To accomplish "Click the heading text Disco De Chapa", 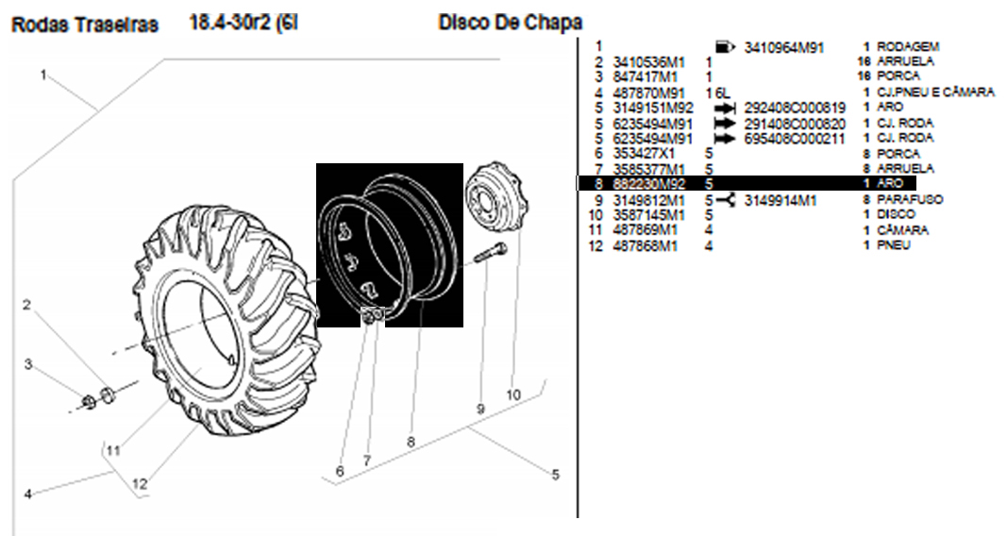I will pyautogui.click(x=510, y=22).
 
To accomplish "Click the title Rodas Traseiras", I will pyautogui.click(x=84, y=25).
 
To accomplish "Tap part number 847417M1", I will pyautogui.click(x=645, y=76).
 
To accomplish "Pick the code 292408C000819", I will pyautogui.click(x=795, y=108).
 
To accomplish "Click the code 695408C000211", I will pyautogui.click(x=795, y=138).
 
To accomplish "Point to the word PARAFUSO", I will pyautogui.click(x=910, y=200).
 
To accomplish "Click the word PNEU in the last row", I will pyautogui.click(x=894, y=246).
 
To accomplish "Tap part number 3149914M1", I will pyautogui.click(x=779, y=200).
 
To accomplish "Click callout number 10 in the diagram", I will pyautogui.click(x=513, y=394).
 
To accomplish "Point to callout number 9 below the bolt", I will pyautogui.click(x=480, y=410).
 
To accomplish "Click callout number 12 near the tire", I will pyautogui.click(x=140, y=484).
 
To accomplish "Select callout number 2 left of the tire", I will pyautogui.click(x=27, y=304).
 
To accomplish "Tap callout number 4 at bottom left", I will pyautogui.click(x=28, y=493).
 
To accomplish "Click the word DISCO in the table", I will pyautogui.click(x=896, y=215).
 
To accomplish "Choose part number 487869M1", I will pyautogui.click(x=645, y=230).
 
